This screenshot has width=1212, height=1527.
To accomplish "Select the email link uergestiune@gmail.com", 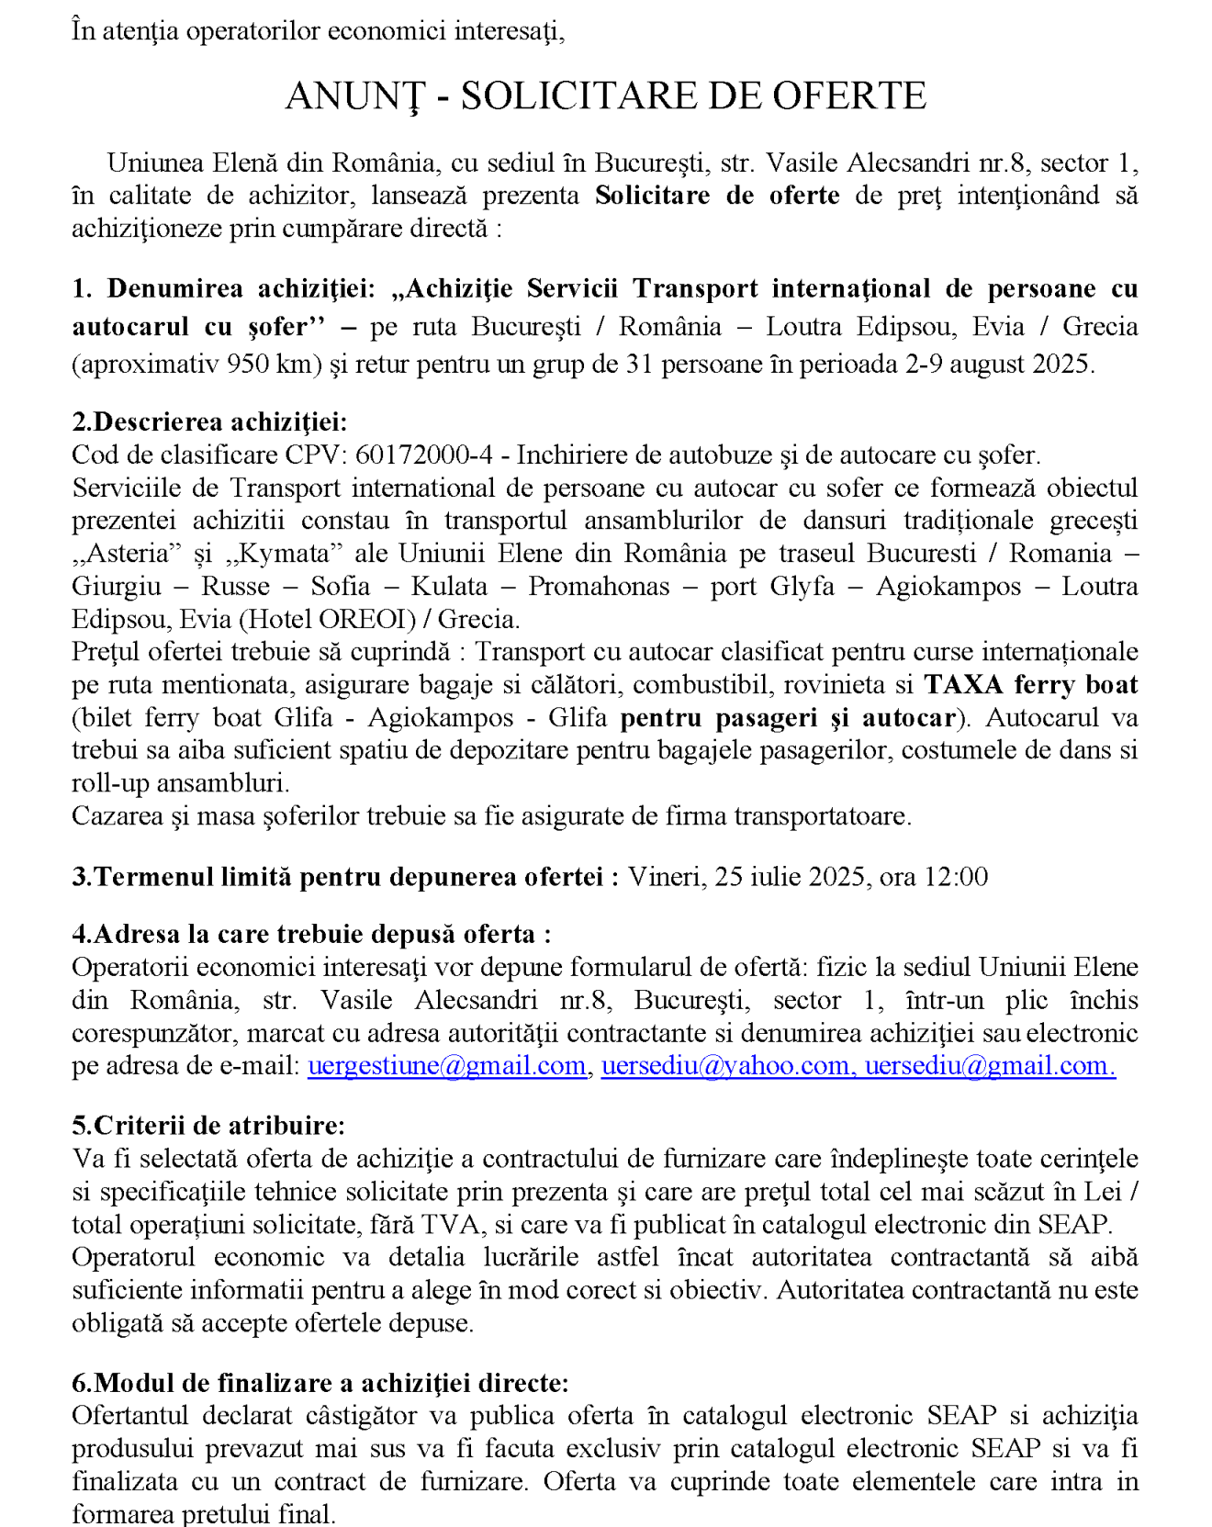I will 446,1066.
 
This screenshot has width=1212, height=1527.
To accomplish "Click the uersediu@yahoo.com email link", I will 724,1066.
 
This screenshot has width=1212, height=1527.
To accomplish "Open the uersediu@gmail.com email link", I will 987,1066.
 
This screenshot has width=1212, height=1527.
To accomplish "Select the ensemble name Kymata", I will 288,554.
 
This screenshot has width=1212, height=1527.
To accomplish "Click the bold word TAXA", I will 963,685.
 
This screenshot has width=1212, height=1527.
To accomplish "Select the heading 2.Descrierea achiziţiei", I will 209,422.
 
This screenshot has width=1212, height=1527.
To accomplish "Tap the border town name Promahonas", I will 599,587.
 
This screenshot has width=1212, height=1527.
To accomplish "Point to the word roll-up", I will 103,783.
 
